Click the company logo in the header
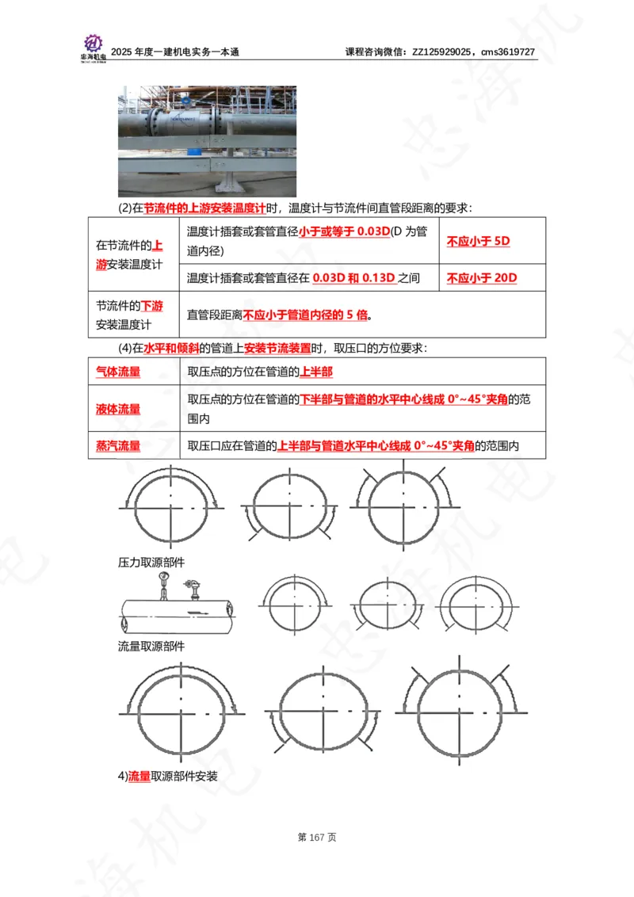coord(93,47)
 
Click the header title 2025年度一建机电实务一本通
coord(175,52)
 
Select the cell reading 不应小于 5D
coord(478,241)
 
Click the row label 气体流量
coord(118,371)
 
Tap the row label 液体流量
coord(118,409)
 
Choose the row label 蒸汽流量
coord(118,446)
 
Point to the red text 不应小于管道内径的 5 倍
coord(306,315)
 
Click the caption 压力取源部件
coord(151,562)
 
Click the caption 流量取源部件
coord(151,646)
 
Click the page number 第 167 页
coord(317,838)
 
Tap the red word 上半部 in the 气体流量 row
coord(316,371)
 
